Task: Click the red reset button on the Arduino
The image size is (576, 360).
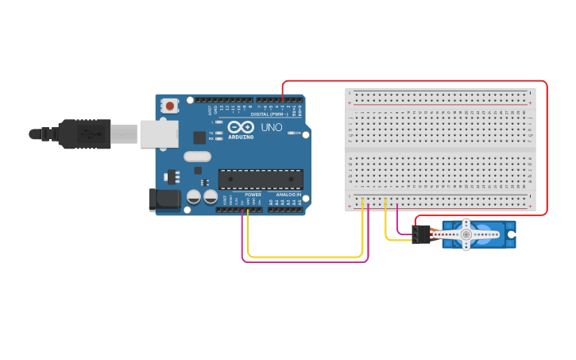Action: [169, 105]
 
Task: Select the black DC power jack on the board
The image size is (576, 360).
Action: [164, 199]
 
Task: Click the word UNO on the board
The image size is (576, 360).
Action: [271, 127]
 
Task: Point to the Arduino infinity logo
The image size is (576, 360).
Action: [241, 127]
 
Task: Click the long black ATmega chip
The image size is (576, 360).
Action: [261, 180]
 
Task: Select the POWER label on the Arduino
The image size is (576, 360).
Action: [253, 195]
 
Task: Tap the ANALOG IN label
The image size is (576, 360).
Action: [288, 195]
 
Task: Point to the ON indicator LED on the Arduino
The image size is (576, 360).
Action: [292, 133]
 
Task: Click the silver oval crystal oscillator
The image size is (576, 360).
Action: [197, 157]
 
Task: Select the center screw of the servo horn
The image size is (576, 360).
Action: [466, 235]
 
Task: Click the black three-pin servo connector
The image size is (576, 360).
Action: [420, 234]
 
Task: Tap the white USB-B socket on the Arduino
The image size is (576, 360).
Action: [160, 134]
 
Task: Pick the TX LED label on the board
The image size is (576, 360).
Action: [211, 133]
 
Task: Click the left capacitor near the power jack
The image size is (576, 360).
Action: [193, 196]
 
